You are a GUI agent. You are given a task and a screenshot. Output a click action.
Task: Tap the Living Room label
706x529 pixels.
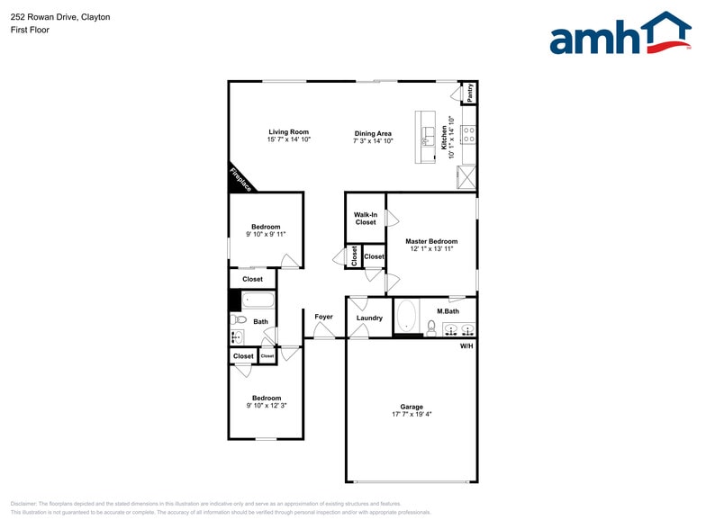click(288, 132)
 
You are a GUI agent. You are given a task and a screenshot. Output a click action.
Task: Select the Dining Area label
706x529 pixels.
click(373, 134)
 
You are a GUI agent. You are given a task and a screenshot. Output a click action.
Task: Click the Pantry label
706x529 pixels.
click(469, 92)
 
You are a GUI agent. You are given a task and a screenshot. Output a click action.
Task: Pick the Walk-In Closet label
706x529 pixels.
click(366, 218)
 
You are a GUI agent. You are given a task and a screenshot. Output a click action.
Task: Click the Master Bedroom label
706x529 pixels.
click(431, 241)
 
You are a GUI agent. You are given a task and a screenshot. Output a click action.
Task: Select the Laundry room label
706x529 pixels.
click(369, 318)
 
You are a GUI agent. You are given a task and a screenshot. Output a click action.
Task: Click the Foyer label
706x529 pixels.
click(323, 317)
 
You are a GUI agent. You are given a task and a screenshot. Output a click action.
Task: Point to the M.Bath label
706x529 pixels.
click(448, 311)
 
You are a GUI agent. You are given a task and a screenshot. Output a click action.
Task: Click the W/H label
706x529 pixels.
click(466, 345)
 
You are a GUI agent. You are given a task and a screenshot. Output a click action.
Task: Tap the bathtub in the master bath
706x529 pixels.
click(406, 317)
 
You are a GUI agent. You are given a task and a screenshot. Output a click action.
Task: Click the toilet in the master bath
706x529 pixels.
click(431, 327)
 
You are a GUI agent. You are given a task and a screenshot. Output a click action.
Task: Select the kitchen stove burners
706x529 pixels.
click(468, 136)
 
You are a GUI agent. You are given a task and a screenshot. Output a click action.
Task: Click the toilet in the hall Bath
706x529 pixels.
click(239, 319)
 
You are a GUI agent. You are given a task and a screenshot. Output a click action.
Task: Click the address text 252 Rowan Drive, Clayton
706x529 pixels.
click(60, 16)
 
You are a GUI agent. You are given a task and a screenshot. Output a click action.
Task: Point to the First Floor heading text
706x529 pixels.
click(30, 30)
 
